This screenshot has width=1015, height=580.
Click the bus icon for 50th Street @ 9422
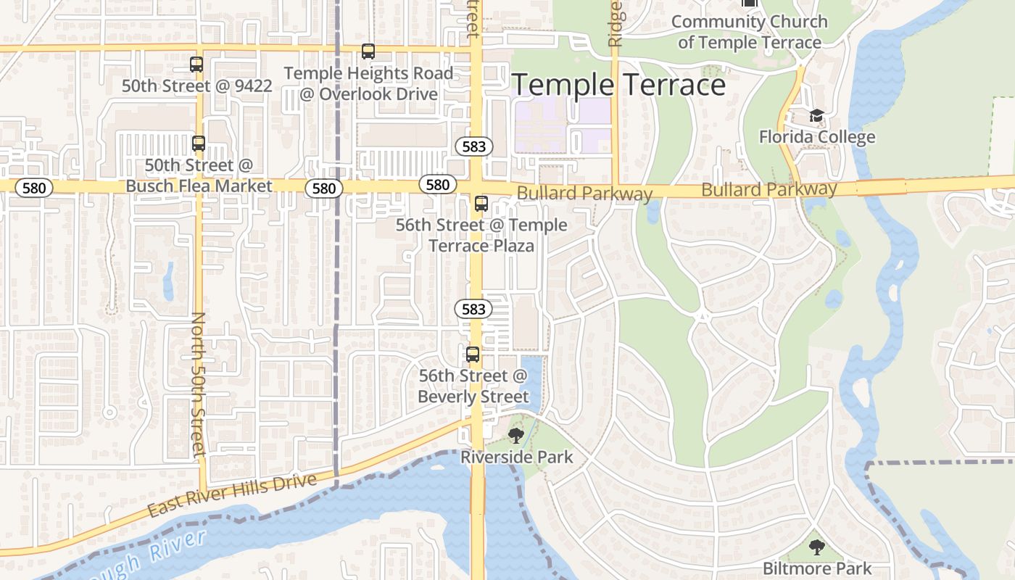pyautogui.click(x=196, y=65)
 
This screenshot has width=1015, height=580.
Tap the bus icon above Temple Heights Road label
pyautogui.click(x=368, y=51)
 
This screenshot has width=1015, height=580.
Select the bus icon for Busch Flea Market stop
pyautogui.click(x=199, y=144)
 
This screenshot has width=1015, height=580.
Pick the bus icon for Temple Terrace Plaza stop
pyautogui.click(x=481, y=204)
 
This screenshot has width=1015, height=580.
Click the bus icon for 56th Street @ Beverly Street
pyautogui.click(x=473, y=355)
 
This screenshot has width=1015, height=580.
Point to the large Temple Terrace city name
pyautogui.click(x=618, y=86)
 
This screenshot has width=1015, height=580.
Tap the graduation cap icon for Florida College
pyautogui.click(x=817, y=116)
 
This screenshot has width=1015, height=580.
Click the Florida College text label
pyautogui.click(x=817, y=137)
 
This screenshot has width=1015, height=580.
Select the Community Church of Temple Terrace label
pyautogui.click(x=749, y=32)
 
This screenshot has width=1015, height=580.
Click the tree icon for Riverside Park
pyautogui.click(x=515, y=436)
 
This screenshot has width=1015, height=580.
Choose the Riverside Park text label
pyautogui.click(x=516, y=457)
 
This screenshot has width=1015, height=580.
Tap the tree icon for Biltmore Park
pyautogui.click(x=817, y=547)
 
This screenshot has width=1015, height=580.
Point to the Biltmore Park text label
pyautogui.click(x=817, y=568)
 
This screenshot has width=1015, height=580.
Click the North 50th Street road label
pyautogui.click(x=199, y=384)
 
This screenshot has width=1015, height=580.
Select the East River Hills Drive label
pyautogui.click(x=232, y=495)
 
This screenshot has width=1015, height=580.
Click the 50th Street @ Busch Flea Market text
pyautogui.click(x=199, y=175)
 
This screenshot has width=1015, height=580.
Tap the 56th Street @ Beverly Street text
pyautogui.click(x=473, y=386)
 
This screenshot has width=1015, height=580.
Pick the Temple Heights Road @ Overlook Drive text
pyautogui.click(x=368, y=83)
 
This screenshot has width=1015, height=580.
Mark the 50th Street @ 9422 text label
pyautogui.click(x=196, y=86)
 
